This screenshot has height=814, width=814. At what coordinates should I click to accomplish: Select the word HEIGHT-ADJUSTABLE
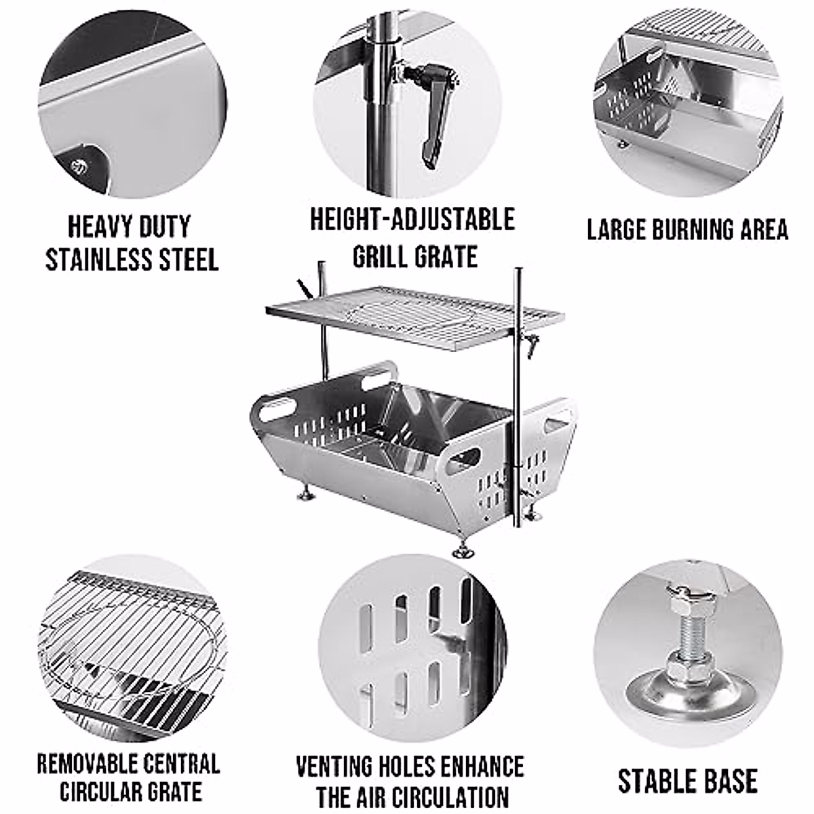point(412,220)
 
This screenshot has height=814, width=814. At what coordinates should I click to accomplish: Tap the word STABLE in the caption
point(651,781)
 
